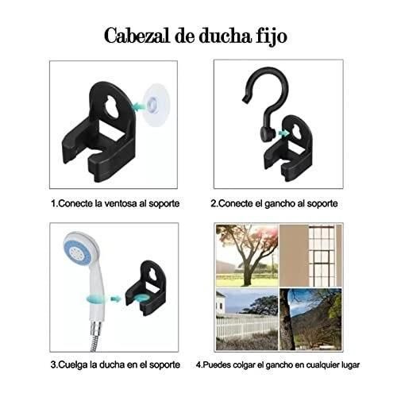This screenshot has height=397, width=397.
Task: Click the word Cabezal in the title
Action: [133, 37]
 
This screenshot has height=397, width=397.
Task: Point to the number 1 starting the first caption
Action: [53, 203]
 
